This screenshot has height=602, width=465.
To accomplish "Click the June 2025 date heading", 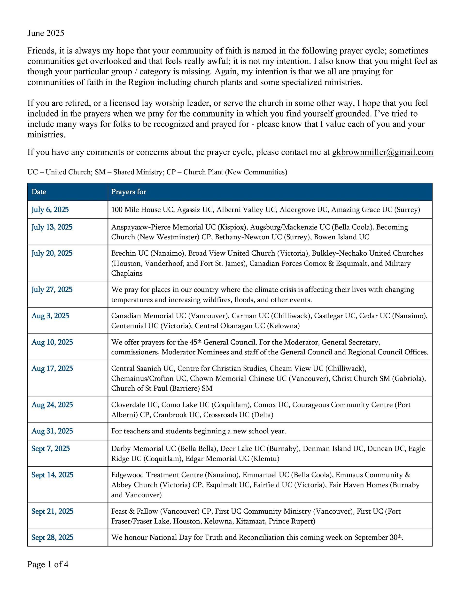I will point(46,33).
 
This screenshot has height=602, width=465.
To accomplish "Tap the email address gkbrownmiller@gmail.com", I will point(382,152).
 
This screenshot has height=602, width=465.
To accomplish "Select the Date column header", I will point(39,192).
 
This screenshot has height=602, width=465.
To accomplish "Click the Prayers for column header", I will point(128,192).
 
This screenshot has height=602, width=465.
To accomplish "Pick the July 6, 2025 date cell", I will point(50,210).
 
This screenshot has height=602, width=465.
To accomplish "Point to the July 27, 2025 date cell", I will point(52,290).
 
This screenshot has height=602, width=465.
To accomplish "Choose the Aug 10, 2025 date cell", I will point(52,342).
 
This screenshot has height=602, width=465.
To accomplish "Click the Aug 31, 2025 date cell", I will point(52,431).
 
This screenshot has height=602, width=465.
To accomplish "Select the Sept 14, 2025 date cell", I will point(52,475).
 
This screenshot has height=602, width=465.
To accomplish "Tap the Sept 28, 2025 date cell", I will point(52,538).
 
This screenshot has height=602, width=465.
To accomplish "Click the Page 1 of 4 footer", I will point(48,564).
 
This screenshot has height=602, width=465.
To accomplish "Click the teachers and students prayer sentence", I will point(198,431).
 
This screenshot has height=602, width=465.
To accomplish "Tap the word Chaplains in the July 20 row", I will point(127,274).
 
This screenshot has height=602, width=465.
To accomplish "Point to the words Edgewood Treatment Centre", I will point(157,475).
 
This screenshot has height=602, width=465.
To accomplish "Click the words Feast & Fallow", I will point(134,512).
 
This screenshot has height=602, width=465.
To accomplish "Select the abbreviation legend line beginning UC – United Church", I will point(157,172).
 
